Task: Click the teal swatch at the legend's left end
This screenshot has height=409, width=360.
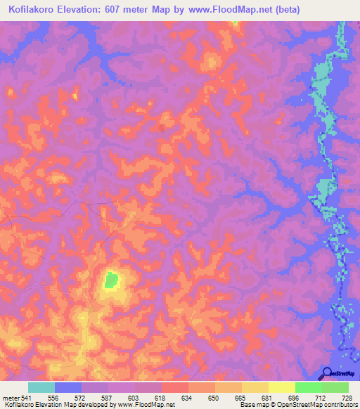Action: [41, 387]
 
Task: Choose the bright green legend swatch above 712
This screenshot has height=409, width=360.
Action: [309, 387]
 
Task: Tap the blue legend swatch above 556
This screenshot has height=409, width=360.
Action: [68, 387]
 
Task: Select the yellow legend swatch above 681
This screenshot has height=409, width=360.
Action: [255, 387]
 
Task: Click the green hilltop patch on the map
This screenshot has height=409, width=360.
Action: [111, 280]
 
